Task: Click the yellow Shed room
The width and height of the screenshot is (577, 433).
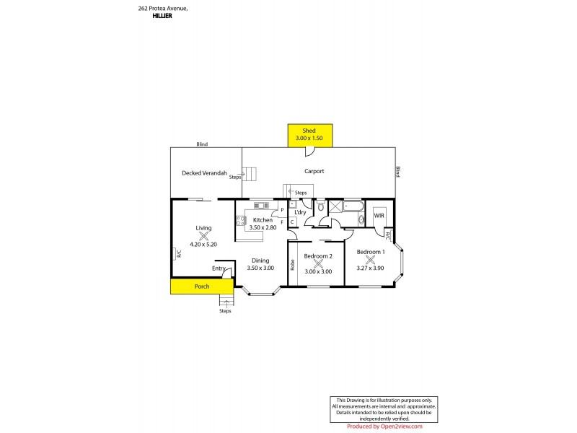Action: (x=309, y=134)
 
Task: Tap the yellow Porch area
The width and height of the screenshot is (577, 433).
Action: (x=202, y=287)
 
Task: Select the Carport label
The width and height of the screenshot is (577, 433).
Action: (x=314, y=172)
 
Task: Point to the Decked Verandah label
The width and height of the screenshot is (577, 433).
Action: (x=204, y=173)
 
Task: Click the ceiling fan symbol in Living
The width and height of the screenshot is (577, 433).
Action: (x=203, y=235)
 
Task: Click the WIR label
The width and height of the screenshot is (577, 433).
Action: (x=379, y=216)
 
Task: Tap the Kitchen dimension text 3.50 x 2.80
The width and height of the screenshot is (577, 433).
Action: (x=262, y=227)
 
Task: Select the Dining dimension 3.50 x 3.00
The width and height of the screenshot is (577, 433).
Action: (x=260, y=268)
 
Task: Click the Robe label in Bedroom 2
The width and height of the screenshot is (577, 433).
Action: (x=292, y=265)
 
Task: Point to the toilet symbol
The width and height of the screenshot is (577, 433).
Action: (x=320, y=206)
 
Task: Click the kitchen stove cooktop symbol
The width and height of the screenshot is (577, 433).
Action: (x=240, y=221)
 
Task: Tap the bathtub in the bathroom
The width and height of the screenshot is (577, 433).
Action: (x=353, y=207)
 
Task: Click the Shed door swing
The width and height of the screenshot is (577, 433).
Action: (x=309, y=152)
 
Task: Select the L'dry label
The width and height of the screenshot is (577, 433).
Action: (x=301, y=212)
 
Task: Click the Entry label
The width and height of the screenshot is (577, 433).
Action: (x=219, y=268)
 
